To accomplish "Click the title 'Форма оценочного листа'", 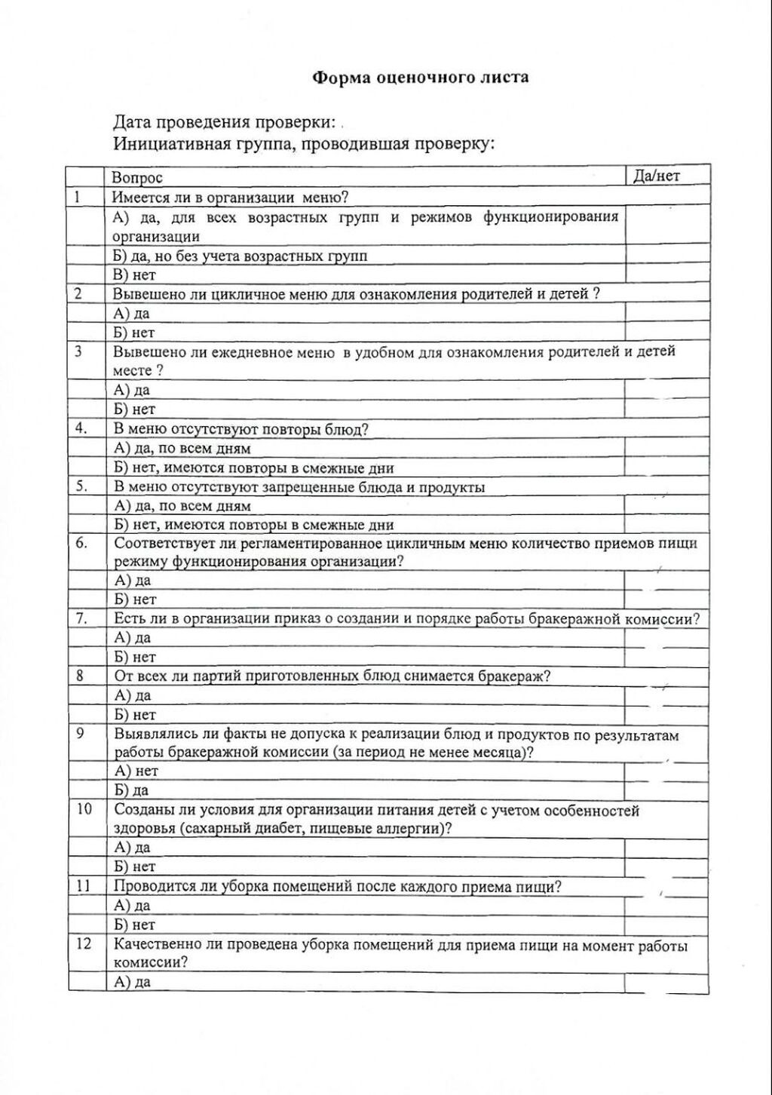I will (x=420, y=77).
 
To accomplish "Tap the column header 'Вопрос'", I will (x=137, y=178).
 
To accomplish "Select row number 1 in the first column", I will (x=77, y=198).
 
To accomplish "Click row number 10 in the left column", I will (x=84, y=809).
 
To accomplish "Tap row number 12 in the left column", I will (x=84, y=943).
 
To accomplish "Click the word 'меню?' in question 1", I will (x=325, y=198).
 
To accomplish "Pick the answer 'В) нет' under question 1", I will (x=134, y=275).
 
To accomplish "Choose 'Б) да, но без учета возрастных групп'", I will (x=240, y=256).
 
